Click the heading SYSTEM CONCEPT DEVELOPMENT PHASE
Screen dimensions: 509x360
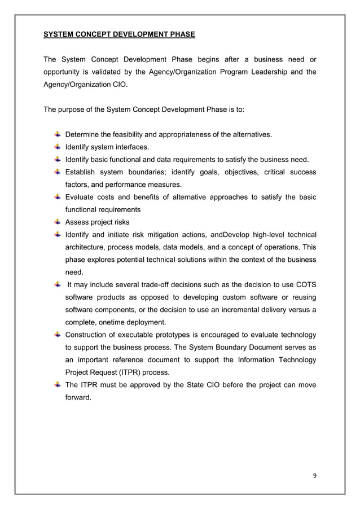(x=119, y=35)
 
